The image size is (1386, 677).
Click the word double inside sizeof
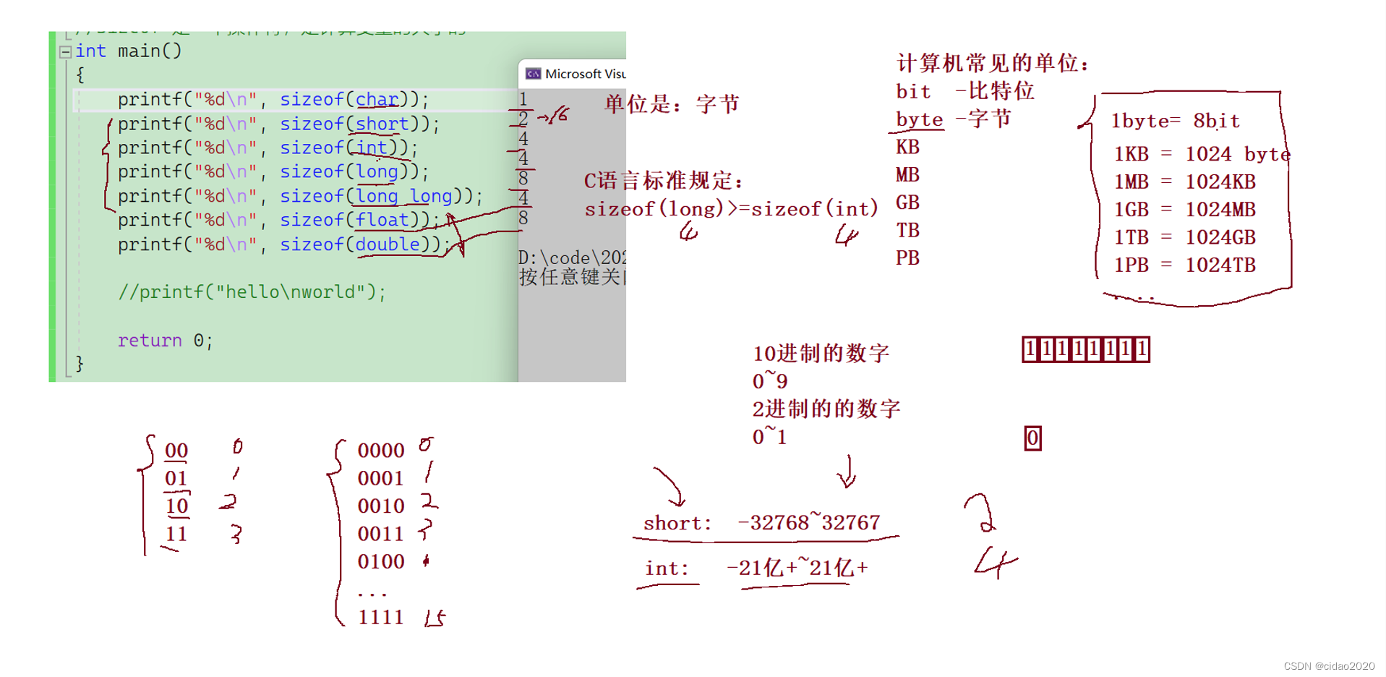click(x=387, y=244)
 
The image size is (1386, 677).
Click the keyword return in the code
click(x=150, y=341)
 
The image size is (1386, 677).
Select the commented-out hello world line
click(x=252, y=292)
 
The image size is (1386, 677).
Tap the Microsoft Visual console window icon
click(x=534, y=74)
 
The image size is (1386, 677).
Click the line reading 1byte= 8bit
click(x=1175, y=121)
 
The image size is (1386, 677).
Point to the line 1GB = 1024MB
click(x=1184, y=210)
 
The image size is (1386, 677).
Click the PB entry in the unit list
click(x=907, y=258)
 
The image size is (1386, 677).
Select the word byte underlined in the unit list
click(x=919, y=119)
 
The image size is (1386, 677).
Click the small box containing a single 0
click(x=1032, y=438)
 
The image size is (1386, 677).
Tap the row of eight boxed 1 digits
click(x=1085, y=350)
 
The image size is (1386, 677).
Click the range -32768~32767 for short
click(x=808, y=523)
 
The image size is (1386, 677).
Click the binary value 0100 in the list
click(x=380, y=562)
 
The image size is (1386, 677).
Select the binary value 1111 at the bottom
click(x=380, y=618)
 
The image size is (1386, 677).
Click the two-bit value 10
click(x=176, y=506)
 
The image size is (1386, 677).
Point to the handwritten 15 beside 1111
click(x=435, y=618)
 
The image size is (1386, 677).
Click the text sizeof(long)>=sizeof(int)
click(x=730, y=209)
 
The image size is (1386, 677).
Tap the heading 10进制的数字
click(x=821, y=354)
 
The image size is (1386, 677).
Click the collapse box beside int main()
click(x=65, y=51)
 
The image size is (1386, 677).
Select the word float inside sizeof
click(x=382, y=220)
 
